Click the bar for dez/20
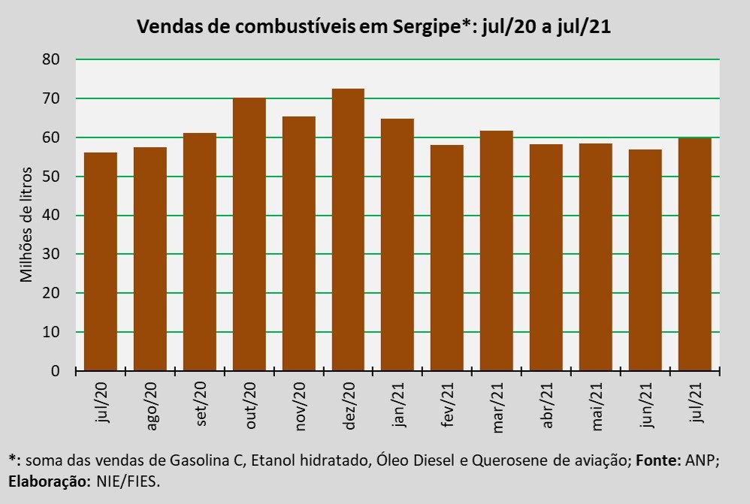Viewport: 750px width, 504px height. [x=348, y=230]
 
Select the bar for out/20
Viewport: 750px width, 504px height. [x=249, y=234]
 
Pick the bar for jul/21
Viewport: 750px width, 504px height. [x=694, y=254]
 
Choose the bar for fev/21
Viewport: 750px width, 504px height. [x=446, y=258]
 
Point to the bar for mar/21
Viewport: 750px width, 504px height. [x=496, y=251]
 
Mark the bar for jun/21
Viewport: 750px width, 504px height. [x=645, y=260]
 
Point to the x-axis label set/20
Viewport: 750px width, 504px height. [x=201, y=406]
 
